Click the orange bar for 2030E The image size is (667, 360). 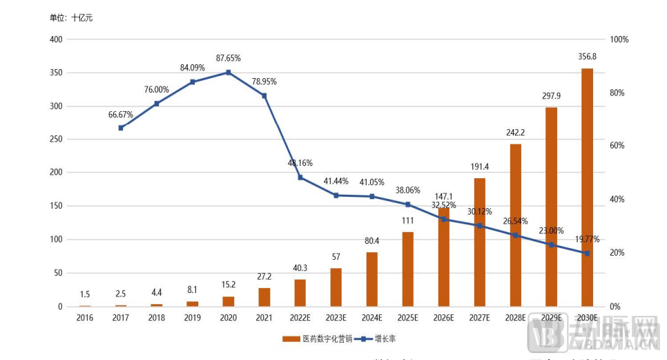(x=587, y=187)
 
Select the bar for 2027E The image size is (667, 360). (x=480, y=242)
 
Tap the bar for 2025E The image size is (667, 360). (x=408, y=269)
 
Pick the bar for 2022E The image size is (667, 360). (x=300, y=292)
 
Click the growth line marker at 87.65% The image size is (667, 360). (x=229, y=73)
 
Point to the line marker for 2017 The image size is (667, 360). (x=121, y=128)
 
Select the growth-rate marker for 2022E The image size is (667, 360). (x=300, y=178)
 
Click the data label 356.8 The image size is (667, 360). (x=587, y=57)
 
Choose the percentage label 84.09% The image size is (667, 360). (x=192, y=68)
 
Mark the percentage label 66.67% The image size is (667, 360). (x=121, y=113)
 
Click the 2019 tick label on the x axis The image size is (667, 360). (x=192, y=318)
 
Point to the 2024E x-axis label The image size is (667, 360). (x=371, y=318)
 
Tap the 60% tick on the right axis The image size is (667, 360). (x=619, y=146)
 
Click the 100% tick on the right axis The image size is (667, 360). (x=619, y=39)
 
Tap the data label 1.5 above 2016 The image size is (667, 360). (x=85, y=294)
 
